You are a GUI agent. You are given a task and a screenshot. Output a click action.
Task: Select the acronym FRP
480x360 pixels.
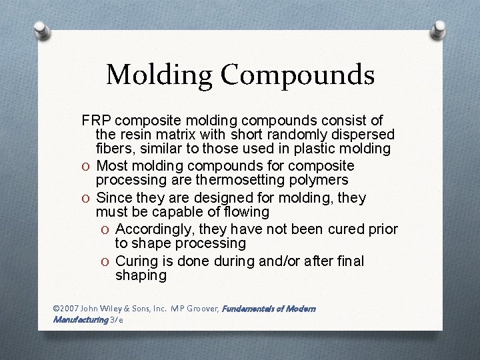(x=95, y=121)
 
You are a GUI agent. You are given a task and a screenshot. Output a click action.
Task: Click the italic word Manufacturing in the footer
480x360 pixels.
(x=80, y=320)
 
